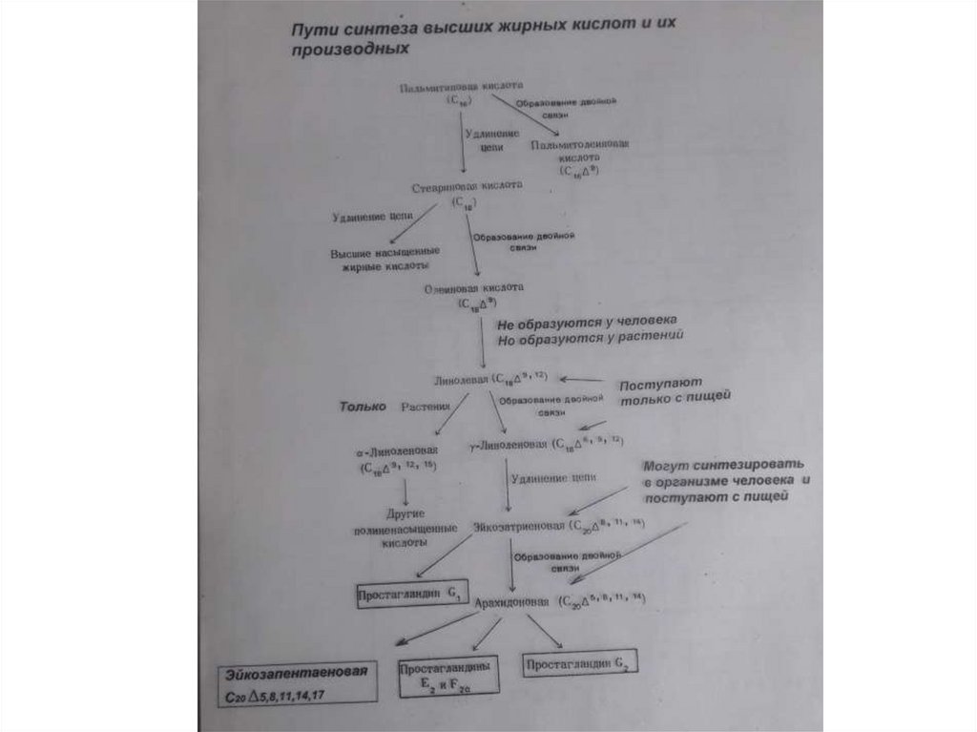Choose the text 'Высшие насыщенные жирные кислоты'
pos(380,260)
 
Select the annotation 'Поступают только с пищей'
pos(674,393)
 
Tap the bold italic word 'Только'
pos(364,407)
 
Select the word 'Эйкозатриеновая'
pos(519,526)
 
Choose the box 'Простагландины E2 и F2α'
pos(446,678)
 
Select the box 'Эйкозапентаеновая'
pos(295,684)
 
